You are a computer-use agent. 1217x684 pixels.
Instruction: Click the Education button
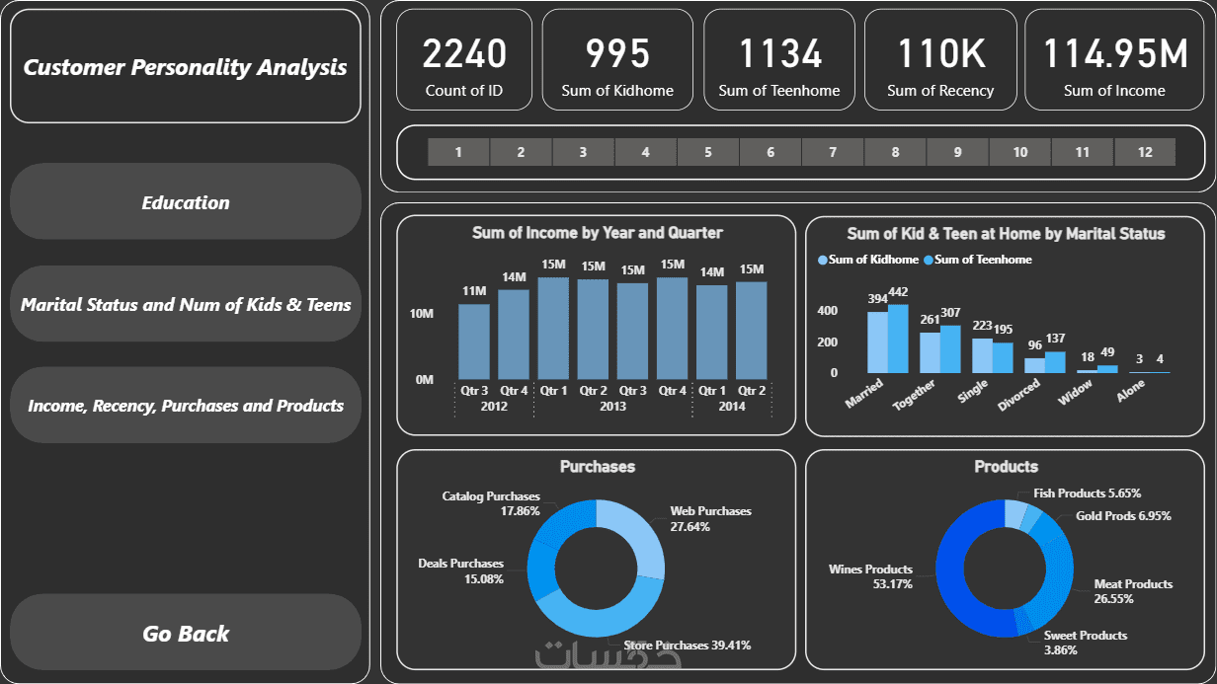(x=186, y=202)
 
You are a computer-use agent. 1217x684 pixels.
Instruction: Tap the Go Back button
(x=186, y=634)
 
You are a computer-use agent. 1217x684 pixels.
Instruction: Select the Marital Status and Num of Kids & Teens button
(x=186, y=304)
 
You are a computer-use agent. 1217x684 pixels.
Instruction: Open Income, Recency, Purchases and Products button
(x=186, y=406)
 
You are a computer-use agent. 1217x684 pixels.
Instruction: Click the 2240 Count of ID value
(x=464, y=54)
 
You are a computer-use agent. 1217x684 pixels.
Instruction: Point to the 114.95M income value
(x=1114, y=54)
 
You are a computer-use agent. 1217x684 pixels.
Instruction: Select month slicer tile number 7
(x=833, y=152)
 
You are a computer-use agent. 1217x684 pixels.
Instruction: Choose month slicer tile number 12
(x=1145, y=152)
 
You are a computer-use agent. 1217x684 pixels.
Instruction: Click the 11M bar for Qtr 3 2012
(x=474, y=341)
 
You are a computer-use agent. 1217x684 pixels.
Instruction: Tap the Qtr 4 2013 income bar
(x=673, y=328)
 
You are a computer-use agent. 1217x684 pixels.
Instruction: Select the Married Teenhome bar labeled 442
(x=898, y=338)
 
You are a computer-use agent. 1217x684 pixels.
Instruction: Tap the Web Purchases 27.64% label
(x=710, y=518)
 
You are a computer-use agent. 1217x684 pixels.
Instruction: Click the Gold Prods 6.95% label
(x=1123, y=516)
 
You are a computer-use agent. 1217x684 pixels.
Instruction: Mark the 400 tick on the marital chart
(x=827, y=311)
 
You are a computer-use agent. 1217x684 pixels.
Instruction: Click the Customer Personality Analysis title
(x=186, y=67)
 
